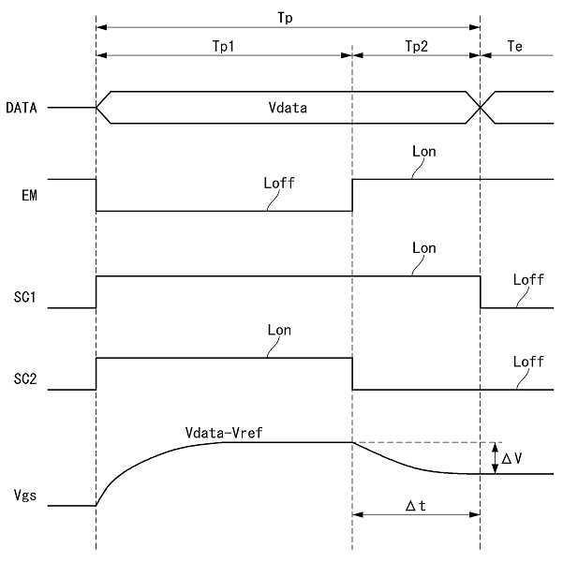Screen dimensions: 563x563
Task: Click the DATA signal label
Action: tap(22, 108)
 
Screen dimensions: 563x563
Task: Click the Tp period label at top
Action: tap(289, 17)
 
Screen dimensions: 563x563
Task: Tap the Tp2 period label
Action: tap(417, 45)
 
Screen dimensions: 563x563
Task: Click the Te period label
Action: tap(514, 45)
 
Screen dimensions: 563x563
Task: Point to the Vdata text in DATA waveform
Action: tap(289, 108)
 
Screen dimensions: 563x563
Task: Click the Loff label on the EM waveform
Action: tap(279, 183)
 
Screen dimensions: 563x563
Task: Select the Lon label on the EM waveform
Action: tap(423, 150)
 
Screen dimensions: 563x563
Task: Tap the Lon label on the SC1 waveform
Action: tap(423, 248)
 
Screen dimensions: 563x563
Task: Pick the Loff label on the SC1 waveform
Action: tap(529, 279)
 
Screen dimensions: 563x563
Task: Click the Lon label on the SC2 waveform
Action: tap(279, 330)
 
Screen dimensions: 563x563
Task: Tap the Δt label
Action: tap(416, 505)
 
